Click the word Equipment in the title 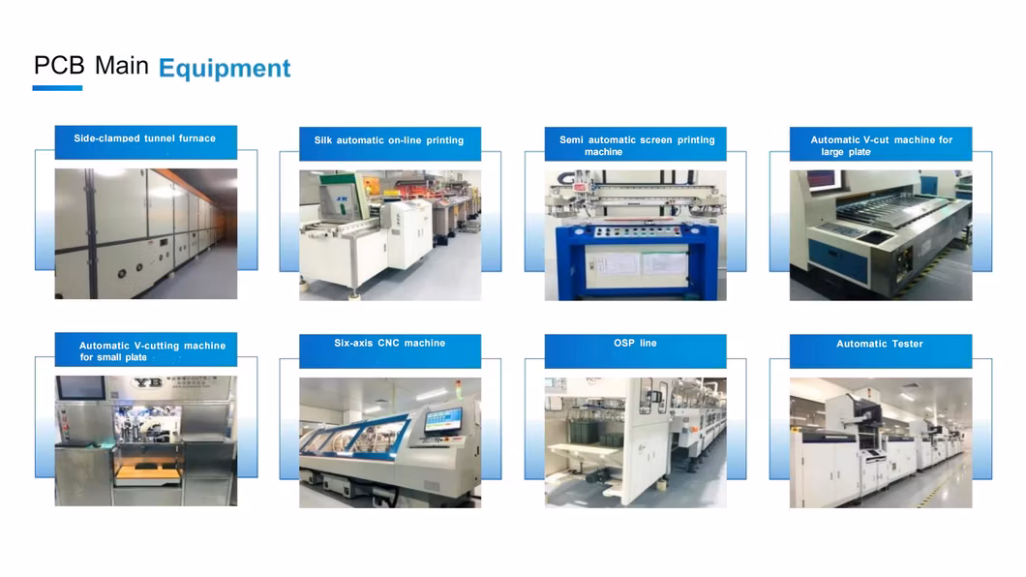225,69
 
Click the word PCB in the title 59,66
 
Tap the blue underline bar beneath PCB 57,88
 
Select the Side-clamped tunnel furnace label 144,138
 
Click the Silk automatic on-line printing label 389,140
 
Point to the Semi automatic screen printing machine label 636,145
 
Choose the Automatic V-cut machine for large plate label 881,145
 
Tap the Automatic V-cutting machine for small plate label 152,351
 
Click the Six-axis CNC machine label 389,343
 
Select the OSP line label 635,343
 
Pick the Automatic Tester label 880,344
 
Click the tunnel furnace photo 146,233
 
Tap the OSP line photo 635,442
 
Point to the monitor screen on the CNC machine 443,418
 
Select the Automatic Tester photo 881,442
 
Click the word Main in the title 122,66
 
